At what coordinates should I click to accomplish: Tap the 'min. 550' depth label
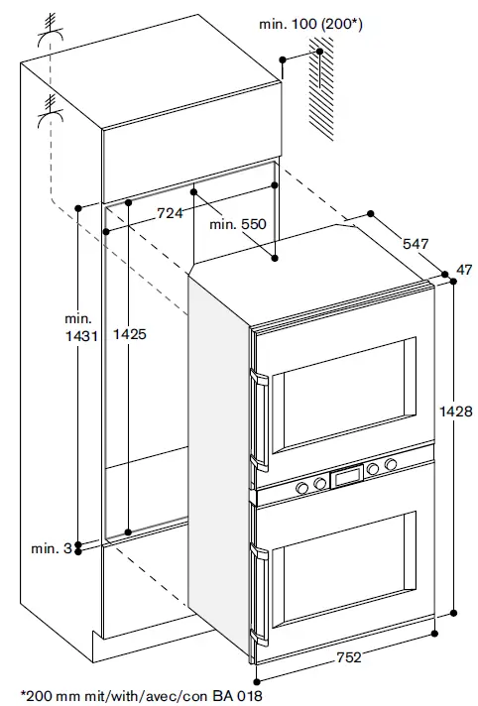(238, 226)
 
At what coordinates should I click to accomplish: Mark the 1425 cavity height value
(130, 335)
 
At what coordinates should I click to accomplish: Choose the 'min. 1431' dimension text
(78, 328)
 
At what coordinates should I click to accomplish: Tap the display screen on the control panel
(348, 477)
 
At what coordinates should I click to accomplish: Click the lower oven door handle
(261, 595)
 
